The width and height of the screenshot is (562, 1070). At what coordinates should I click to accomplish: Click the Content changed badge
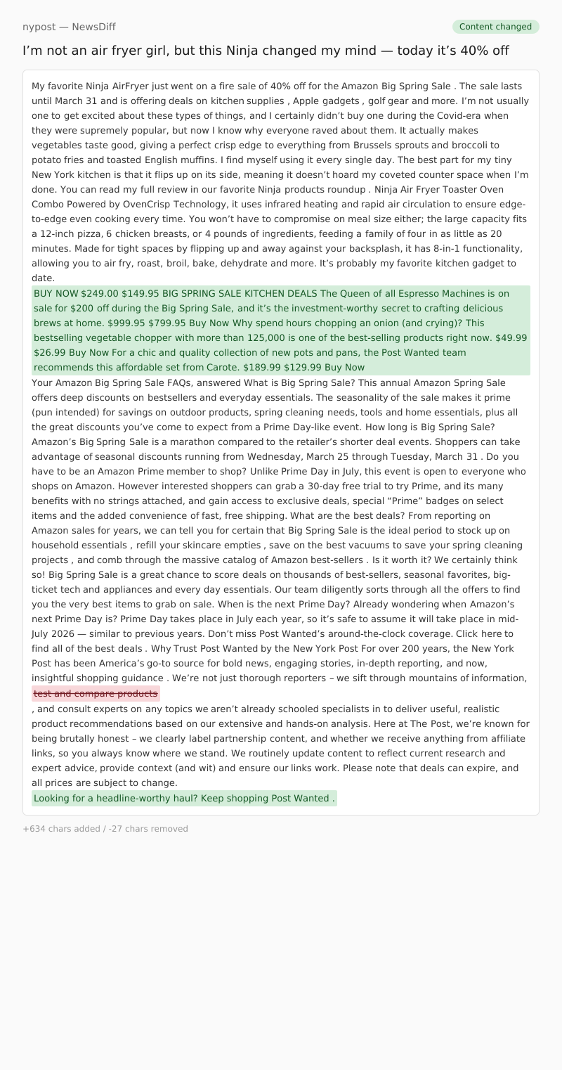point(495,27)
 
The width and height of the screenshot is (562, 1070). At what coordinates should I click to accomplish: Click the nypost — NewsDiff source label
point(69,27)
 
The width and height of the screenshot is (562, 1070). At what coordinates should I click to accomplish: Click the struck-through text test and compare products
point(96,694)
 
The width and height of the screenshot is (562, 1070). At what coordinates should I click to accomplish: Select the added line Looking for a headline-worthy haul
point(184,798)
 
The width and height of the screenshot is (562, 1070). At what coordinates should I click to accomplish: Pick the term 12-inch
point(58,233)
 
